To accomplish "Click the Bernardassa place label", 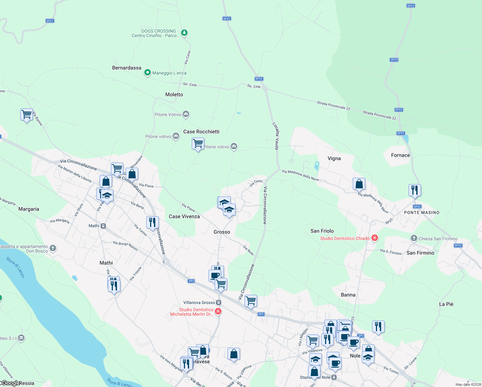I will (x=127, y=68).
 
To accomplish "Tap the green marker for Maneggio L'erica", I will (x=147, y=73).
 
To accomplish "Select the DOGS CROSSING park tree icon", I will (x=184, y=33).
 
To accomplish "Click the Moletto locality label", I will (x=174, y=94).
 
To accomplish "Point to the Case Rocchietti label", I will (x=201, y=132).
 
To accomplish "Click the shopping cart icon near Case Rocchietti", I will (x=198, y=143).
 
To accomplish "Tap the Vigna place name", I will (x=334, y=158).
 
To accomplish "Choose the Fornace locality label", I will (x=400, y=155).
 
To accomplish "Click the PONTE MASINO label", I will (x=422, y=213).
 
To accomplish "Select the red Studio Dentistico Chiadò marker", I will (x=374, y=238).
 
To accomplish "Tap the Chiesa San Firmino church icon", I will (x=414, y=238).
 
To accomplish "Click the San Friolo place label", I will (x=322, y=231).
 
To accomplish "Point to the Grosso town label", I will (x=222, y=232).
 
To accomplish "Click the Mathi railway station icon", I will (x=103, y=226).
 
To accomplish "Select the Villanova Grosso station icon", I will (x=218, y=303).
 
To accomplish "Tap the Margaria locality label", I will (x=29, y=209).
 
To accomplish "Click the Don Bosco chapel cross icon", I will (x=53, y=248).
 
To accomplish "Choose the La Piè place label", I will (x=446, y=304).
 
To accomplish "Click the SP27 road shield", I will (x=50, y=21).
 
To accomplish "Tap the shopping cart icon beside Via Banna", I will (x=26, y=114).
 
